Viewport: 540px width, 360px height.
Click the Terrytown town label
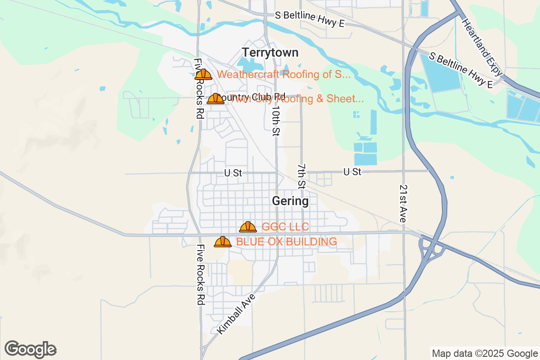click(270, 53)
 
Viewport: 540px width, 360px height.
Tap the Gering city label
click(290, 201)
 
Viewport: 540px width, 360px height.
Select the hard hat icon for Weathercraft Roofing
click(203, 75)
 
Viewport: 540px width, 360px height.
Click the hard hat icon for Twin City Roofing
click(216, 99)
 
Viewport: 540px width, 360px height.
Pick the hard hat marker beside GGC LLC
click(248, 227)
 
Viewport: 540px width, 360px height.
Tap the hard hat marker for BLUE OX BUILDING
click(223, 242)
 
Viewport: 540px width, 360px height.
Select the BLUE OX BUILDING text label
click(287, 242)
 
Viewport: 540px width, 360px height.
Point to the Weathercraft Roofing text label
click(283, 75)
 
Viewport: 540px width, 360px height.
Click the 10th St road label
click(276, 121)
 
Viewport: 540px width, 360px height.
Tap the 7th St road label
click(301, 176)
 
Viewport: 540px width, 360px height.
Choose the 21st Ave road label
click(403, 203)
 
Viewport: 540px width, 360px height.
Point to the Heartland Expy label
click(481, 49)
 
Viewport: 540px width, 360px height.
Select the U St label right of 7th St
click(352, 172)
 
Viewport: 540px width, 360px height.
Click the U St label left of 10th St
click(233, 173)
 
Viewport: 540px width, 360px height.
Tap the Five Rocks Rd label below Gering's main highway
click(201, 275)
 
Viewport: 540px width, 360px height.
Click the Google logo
click(31, 349)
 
